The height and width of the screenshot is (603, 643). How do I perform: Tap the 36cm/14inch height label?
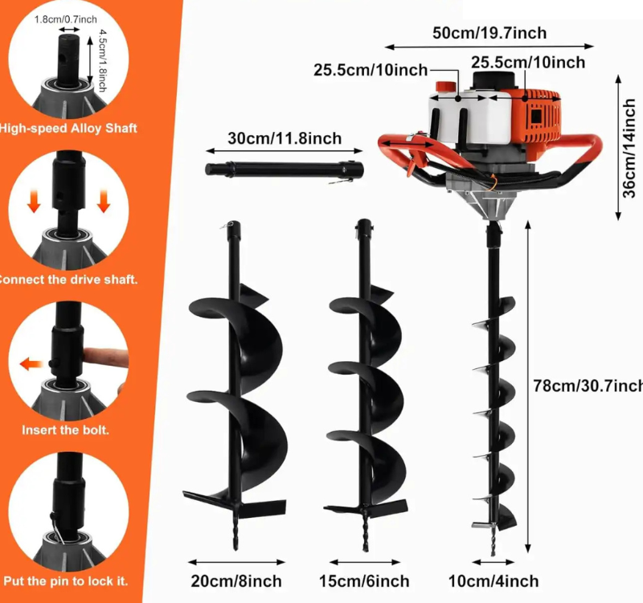[x=631, y=148]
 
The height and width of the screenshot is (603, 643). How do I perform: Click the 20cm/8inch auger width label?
[x=235, y=581]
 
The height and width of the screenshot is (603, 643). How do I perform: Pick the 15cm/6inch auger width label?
[x=363, y=581]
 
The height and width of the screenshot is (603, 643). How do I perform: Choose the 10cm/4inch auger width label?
[x=493, y=581]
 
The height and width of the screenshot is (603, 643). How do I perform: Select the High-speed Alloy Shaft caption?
[x=68, y=128]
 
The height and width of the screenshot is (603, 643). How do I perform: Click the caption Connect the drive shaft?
[x=68, y=280]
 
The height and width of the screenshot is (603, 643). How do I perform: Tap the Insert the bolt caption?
[x=66, y=430]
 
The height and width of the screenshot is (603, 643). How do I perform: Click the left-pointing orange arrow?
[x=33, y=364]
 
